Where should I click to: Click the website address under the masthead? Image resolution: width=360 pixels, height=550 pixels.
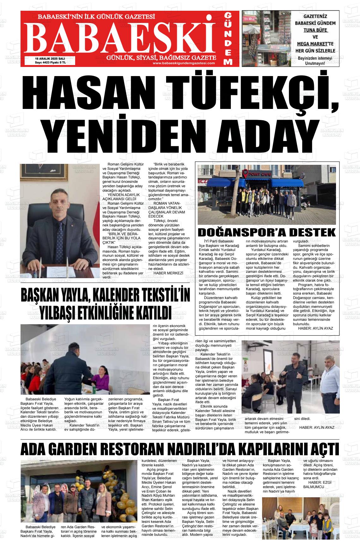pos(183,63)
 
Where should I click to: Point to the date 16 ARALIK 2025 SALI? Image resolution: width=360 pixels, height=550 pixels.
pos(50,58)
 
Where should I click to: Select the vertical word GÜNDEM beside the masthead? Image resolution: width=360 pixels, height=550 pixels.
pos(229,39)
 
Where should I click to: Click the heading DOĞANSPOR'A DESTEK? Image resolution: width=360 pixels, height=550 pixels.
pos(267,232)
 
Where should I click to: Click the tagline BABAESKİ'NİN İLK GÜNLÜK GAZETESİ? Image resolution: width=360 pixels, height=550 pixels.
pos(100,16)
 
